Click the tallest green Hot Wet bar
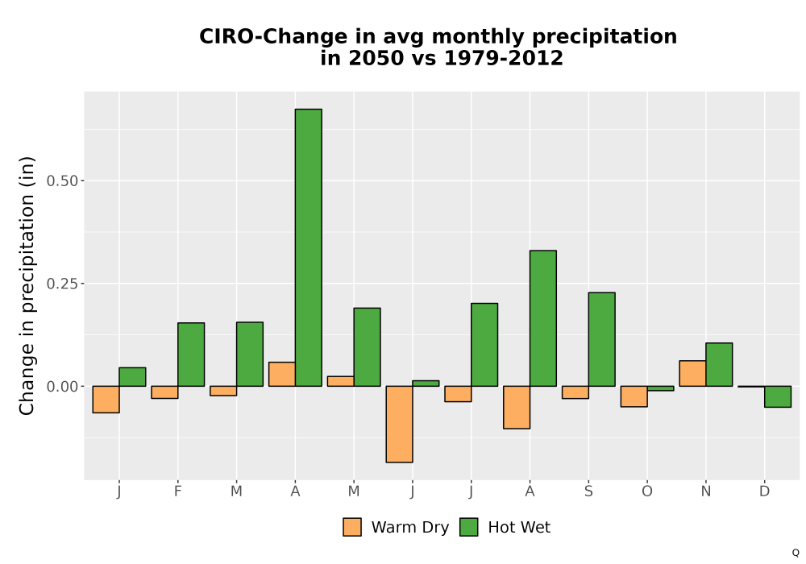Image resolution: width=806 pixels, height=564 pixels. coord(309,247)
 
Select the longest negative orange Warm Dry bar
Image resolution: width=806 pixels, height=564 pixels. coord(400,425)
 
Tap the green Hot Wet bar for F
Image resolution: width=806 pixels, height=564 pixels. coord(191,355)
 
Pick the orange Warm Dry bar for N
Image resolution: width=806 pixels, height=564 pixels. coord(692,373)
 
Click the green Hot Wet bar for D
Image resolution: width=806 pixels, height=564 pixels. coord(778,396)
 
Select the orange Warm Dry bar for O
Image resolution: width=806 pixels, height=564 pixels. coord(634,396)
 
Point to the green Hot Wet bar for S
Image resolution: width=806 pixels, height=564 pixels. coord(602,339)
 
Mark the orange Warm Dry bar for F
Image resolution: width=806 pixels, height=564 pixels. coord(164,392)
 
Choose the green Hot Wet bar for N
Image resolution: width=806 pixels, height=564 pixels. coord(719,365)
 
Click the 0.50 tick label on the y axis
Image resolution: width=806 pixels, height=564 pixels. coord(62,180)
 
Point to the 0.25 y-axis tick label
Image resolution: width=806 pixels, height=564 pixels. coord(62,284)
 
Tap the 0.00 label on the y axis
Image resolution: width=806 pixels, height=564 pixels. coord(62,386)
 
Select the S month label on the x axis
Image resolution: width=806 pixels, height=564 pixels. coord(588,491)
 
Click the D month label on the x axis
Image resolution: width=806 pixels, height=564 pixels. coord(764,491)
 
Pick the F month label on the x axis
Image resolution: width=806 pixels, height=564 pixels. coord(178,491)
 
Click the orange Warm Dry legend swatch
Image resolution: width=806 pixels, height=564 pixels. coord(352,527)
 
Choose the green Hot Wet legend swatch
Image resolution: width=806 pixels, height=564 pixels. coord(469,527)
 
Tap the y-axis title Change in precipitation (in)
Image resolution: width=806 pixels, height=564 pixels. coord(27,285)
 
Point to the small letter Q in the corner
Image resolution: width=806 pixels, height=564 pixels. coord(796,553)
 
